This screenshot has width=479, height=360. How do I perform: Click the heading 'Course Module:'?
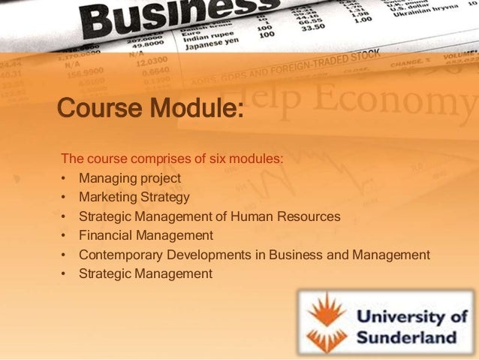coord(150,109)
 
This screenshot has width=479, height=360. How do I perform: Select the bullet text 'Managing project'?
coord(130,178)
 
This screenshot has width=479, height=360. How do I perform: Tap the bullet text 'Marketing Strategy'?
coord(134,198)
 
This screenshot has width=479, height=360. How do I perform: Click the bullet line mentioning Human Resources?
coord(209,217)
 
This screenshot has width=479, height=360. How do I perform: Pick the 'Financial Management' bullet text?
coord(146,236)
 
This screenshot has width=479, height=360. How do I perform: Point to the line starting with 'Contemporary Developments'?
coord(254,255)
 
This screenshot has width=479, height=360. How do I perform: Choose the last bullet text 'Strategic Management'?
coord(146,274)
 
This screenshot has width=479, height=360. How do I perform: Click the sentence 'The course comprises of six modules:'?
coord(172,159)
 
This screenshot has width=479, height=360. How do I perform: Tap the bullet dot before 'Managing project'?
coord(65,179)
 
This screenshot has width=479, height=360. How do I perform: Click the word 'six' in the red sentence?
coord(224,159)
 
